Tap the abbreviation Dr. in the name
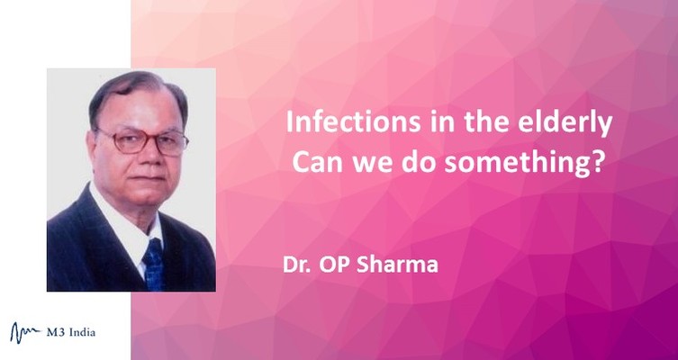pos(296,265)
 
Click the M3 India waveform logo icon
pos(25,333)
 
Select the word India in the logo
pos(81,332)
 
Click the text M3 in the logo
pos(55,332)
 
